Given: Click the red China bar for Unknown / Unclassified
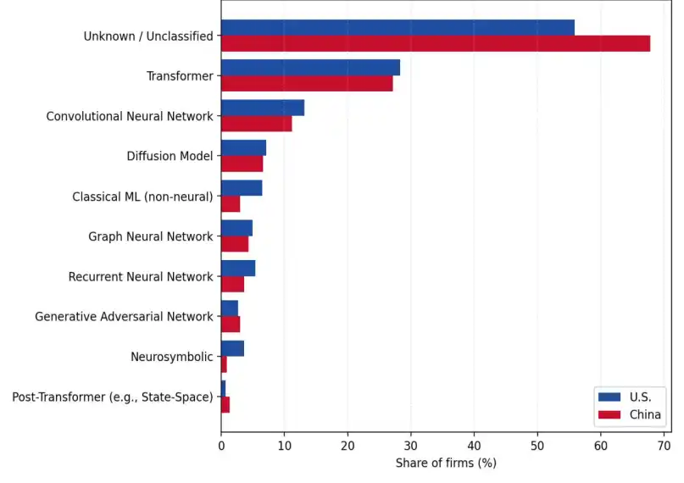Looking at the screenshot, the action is tap(436, 43).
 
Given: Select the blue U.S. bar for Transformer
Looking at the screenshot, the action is tap(310, 68).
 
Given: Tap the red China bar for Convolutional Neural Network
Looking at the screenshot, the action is tap(257, 124).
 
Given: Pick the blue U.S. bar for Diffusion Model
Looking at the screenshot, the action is tap(244, 147).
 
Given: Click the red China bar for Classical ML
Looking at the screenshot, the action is tap(231, 204).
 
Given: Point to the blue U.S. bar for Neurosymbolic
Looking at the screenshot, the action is tap(232, 348).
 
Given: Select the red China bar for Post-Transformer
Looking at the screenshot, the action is tap(225, 404).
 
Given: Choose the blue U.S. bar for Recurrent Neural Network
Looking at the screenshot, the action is tap(238, 268).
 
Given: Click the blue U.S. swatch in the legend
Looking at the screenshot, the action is tap(609, 397).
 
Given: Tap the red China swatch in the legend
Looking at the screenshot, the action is tap(609, 414).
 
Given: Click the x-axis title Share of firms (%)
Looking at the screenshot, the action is tap(446, 463).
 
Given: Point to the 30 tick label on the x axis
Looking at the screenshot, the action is tap(411, 446).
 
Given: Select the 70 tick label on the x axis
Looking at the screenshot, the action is tap(664, 446).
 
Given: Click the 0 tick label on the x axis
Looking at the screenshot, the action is tap(221, 446).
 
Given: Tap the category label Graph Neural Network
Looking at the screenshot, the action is tap(151, 236).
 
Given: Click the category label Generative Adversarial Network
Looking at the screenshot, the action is tap(125, 316).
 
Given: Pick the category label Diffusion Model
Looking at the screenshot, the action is tap(170, 156).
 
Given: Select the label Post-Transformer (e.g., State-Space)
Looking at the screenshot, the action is tap(113, 397).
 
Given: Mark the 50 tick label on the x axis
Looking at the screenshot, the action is tap(537, 446).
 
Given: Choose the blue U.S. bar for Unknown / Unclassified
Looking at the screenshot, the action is tap(398, 27).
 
